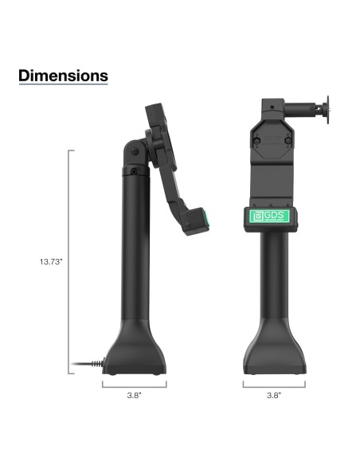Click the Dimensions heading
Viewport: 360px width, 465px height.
click(63, 76)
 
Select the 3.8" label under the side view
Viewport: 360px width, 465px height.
click(135, 395)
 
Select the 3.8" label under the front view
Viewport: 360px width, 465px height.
click(273, 395)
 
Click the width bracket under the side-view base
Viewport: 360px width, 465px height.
click(135, 384)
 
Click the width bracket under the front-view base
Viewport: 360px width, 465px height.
click(273, 384)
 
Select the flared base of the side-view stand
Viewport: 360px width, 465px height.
click(134, 350)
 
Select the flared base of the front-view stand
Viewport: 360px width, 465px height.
click(273, 350)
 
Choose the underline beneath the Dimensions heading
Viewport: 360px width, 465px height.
click(63, 85)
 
